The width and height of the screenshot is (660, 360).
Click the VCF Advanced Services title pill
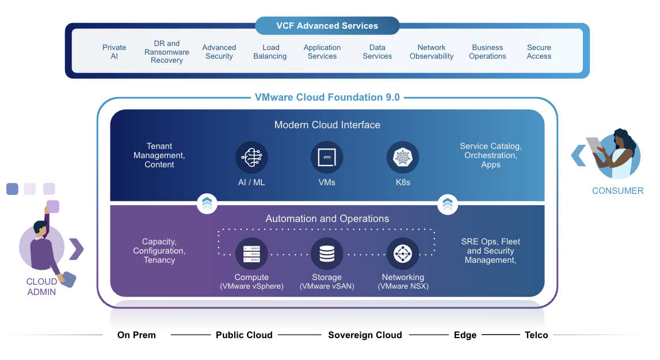[327, 26]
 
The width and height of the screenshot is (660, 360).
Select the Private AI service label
[114, 52]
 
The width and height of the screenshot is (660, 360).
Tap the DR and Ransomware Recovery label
[167, 52]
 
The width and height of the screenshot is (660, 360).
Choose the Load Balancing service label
[270, 52]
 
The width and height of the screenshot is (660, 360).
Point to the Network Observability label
[432, 52]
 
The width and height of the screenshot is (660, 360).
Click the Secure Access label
[539, 52]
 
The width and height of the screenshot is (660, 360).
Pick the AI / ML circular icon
[251, 158]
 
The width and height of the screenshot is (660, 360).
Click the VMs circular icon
[327, 158]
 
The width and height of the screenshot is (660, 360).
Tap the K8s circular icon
[403, 158]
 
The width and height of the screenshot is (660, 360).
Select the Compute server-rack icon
[251, 253]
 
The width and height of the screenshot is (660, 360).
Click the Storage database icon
[327, 253]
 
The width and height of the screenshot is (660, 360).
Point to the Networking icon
[403, 253]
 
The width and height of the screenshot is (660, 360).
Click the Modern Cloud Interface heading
[327, 125]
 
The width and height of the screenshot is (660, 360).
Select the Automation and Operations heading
[327, 219]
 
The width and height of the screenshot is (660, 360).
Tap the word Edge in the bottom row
[465, 335]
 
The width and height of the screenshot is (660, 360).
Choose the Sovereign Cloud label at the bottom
[365, 335]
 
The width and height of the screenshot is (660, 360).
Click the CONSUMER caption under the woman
[617, 191]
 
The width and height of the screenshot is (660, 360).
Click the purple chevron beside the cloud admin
[76, 249]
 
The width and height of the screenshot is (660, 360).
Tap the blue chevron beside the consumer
[578, 155]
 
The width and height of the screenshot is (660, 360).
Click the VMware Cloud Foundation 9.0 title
[327, 97]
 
